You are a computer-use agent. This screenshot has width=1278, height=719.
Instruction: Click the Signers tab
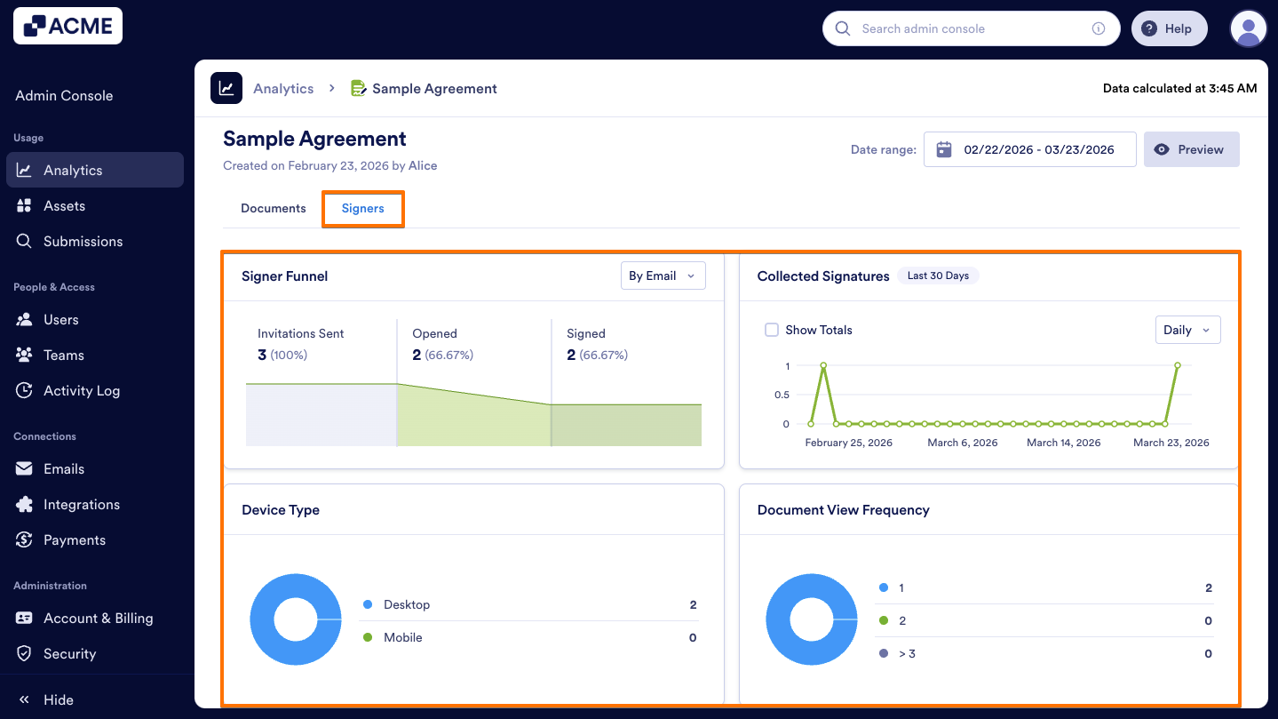pyautogui.click(x=362, y=209)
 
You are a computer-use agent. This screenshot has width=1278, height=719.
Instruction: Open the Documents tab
pyautogui.click(x=274, y=209)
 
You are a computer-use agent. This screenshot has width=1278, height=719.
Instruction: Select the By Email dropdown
pyautogui.click(x=663, y=276)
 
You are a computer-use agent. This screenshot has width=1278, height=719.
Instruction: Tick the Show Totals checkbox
pyautogui.click(x=772, y=331)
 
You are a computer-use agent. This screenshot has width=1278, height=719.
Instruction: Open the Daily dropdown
pyautogui.click(x=1187, y=331)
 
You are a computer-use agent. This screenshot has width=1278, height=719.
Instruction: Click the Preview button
pyautogui.click(x=1191, y=150)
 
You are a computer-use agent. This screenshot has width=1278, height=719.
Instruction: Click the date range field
pyautogui.click(x=1029, y=150)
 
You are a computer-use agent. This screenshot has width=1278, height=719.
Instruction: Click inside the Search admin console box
pyautogui.click(x=968, y=29)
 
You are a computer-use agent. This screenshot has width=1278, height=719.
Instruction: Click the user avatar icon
pyautogui.click(x=1248, y=29)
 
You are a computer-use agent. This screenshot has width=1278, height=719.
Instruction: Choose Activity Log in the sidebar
pyautogui.click(x=82, y=391)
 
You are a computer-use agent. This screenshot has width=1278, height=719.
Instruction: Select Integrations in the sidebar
pyautogui.click(x=82, y=505)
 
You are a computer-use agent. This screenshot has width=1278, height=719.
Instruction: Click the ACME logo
pyautogui.click(x=68, y=27)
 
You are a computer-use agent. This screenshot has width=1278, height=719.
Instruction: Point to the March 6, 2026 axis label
pyautogui.click(x=963, y=443)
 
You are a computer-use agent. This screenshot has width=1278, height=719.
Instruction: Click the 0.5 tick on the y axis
pyautogui.click(x=782, y=395)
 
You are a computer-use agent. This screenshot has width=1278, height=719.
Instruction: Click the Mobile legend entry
pyautogui.click(x=403, y=638)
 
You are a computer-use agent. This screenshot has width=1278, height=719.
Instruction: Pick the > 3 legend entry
pyautogui.click(x=907, y=654)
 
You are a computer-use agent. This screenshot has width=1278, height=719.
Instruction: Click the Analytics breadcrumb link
pyautogui.click(x=283, y=89)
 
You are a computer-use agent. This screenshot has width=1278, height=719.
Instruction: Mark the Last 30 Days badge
pyautogui.click(x=938, y=276)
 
